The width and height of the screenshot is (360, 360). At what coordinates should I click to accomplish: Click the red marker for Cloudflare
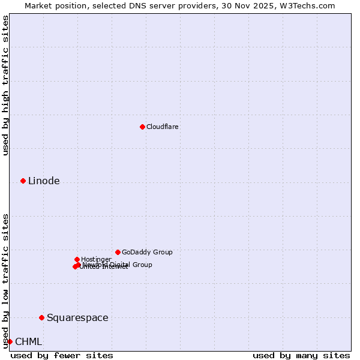pos(142,127)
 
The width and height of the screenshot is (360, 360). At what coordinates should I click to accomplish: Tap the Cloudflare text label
pos(162,127)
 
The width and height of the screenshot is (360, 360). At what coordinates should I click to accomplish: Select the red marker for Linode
pos(23,181)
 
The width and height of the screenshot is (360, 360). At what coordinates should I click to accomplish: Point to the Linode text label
pos(44,181)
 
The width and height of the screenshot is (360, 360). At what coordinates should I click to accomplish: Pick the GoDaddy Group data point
pos(118,252)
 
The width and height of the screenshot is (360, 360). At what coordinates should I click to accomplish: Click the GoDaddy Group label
pos(147,252)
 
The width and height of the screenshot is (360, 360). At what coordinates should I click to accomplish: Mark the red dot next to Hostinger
pos(77,259)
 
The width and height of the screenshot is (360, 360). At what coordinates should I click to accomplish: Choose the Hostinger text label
pos(96,259)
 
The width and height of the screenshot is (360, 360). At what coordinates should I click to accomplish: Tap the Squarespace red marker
pos(41,317)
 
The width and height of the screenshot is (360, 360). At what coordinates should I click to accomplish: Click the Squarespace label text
pos(77,318)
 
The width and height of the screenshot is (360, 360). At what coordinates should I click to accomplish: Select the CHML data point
pos(10,341)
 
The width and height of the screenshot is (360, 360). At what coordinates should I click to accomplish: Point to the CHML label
pos(28,342)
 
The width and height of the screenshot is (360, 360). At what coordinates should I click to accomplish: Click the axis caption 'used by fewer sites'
pos(62,355)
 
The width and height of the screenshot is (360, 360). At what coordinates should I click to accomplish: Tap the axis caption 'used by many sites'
pos(301,355)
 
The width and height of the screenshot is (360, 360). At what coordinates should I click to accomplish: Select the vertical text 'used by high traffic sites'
pos(5,85)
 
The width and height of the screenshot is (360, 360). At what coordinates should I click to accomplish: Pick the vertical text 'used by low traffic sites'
pos(5,281)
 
